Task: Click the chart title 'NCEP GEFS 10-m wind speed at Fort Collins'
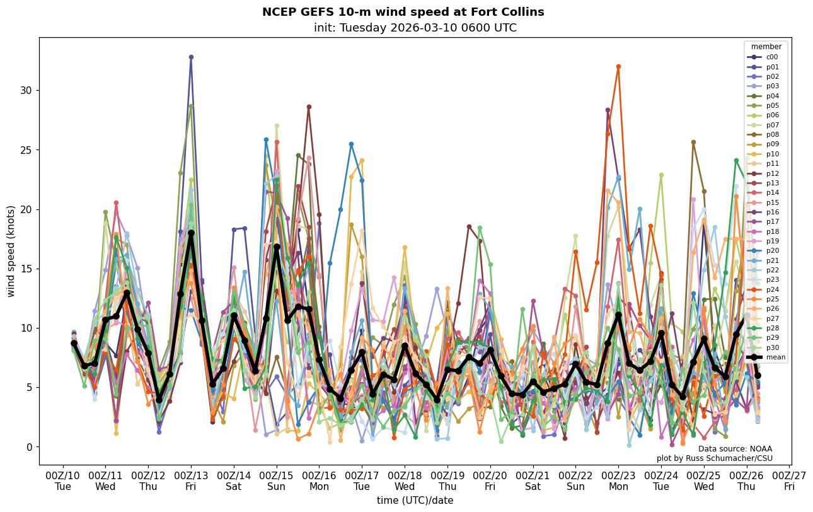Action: [x=403, y=13]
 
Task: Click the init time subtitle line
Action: [x=415, y=28]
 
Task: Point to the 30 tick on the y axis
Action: [x=28, y=90]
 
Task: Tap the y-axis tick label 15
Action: [x=28, y=269]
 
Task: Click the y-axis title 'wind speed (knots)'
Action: [x=11, y=251]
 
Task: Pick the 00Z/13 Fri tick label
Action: [x=191, y=480]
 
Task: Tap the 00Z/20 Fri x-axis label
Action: [x=490, y=480]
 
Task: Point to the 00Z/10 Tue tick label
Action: [x=63, y=480]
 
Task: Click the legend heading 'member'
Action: [x=767, y=47]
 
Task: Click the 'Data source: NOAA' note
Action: [x=735, y=449]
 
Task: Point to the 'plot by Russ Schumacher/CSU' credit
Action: [x=714, y=458]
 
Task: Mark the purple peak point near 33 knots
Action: [x=191, y=57]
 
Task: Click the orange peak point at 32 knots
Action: [x=618, y=66]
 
